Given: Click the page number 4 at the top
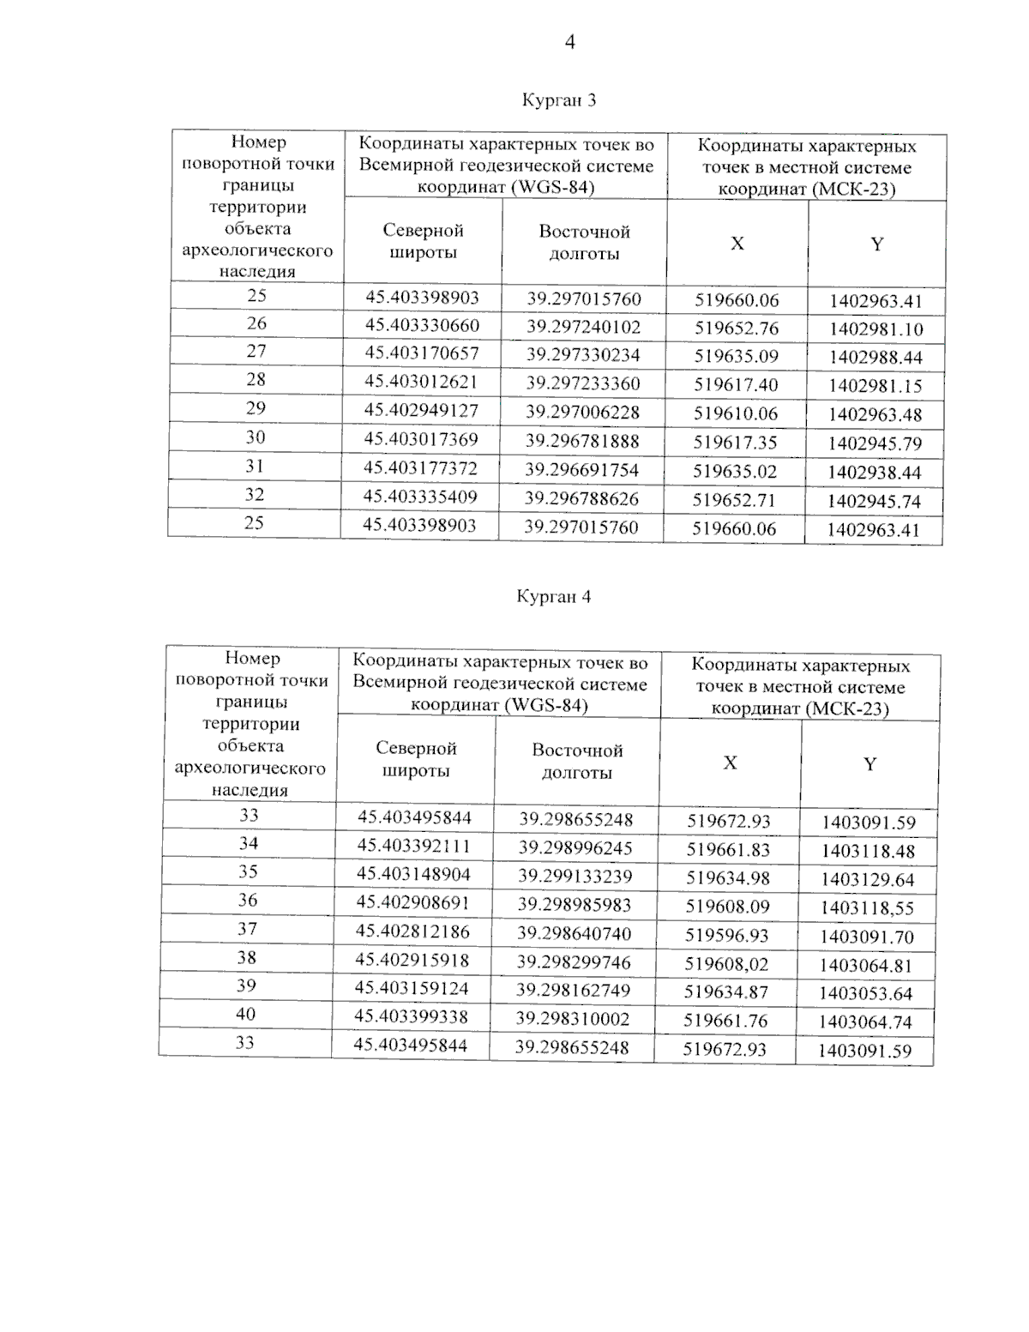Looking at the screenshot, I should (570, 42).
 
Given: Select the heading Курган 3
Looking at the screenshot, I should (559, 100).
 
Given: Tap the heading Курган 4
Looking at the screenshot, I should (553, 597).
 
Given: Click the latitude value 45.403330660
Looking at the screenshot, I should (422, 326).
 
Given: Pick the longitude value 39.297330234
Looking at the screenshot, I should (583, 355).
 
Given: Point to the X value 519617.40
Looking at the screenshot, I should (736, 385).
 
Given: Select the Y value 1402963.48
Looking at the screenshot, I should (875, 415).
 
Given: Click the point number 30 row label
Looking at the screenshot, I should (256, 437).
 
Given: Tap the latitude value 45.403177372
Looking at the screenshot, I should (420, 468).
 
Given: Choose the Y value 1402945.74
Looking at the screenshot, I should (874, 501).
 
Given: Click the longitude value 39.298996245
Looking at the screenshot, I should (575, 848).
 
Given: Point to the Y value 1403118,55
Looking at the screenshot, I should (867, 908).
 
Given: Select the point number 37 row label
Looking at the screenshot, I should (247, 929).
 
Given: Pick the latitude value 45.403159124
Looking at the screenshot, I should (412, 989).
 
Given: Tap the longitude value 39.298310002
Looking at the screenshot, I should (572, 1019).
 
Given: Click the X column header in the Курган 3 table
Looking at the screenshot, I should (737, 244).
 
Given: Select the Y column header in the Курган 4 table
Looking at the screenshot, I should (870, 764).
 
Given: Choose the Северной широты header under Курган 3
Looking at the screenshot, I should (423, 241).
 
